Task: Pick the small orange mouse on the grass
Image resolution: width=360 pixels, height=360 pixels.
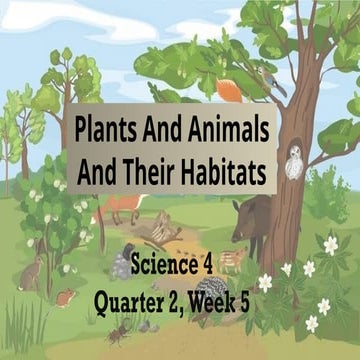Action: click(x=66, y=297)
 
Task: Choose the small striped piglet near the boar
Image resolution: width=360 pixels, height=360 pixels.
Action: click(x=234, y=257)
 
